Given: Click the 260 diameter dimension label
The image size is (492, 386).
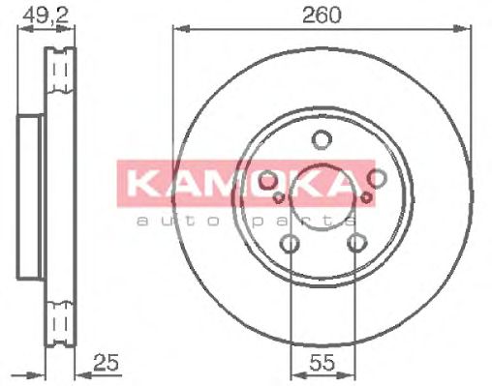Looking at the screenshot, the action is click(x=322, y=15).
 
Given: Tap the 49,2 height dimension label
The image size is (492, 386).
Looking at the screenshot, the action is click(x=46, y=15).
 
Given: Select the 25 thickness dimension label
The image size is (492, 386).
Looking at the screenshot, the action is click(x=107, y=363).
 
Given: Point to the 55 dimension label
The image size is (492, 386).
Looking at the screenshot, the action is click(x=323, y=363).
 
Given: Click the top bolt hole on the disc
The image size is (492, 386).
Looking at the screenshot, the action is click(x=322, y=139).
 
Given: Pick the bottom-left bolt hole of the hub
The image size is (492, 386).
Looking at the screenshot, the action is click(x=290, y=244).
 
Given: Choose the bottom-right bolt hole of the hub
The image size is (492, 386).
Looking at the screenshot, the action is click(x=357, y=243).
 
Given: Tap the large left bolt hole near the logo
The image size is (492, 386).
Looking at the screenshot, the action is click(x=267, y=181).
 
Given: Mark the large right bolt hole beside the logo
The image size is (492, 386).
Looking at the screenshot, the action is click(x=377, y=178).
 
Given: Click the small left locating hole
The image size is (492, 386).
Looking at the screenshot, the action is click(x=279, y=197).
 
